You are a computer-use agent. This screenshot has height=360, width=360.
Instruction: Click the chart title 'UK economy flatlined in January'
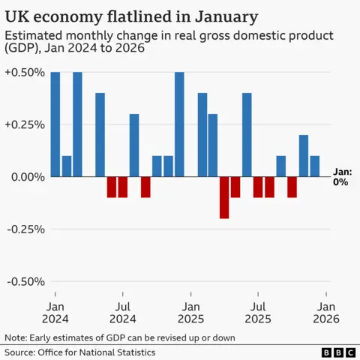point(132,16)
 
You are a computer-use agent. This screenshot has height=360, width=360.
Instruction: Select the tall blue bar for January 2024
point(55,124)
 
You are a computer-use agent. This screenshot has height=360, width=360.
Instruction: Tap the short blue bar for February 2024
point(67,166)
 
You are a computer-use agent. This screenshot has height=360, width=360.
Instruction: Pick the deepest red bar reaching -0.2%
point(224,197)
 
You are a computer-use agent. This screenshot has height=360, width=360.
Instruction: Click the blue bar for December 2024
point(179,124)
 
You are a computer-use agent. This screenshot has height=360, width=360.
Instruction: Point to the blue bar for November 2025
point(303,155)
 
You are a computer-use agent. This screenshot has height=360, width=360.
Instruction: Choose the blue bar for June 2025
point(247,134)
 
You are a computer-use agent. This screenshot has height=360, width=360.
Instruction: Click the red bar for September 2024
point(145,187)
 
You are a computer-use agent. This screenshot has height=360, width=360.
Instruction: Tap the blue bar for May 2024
point(100,134)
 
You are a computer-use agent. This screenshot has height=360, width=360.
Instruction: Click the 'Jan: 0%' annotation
point(340,177)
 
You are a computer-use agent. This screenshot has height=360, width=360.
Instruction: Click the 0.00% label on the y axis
point(24,177)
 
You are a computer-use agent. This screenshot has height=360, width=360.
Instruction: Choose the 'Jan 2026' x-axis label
point(326,313)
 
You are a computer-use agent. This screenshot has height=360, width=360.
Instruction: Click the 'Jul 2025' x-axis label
point(258,313)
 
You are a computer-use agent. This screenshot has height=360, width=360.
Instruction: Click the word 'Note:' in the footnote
point(17,337)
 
